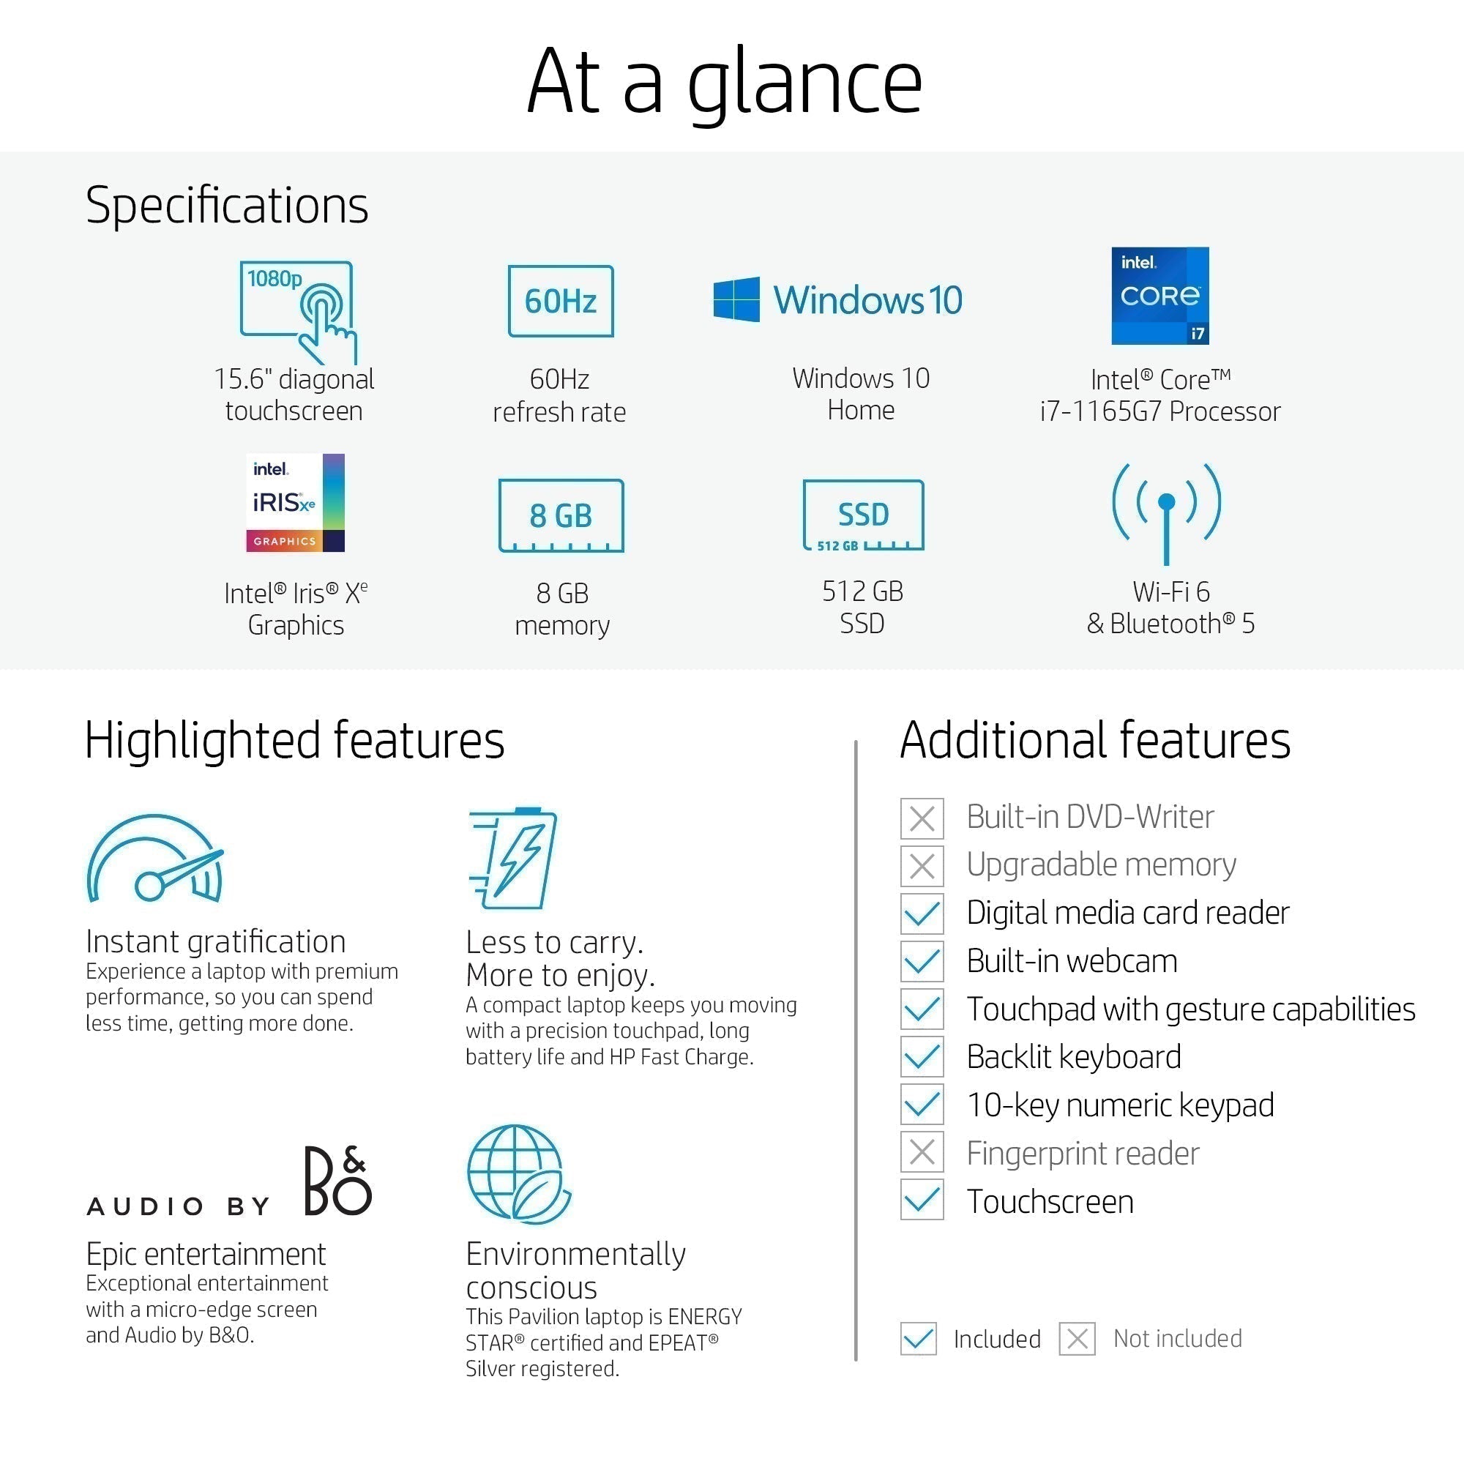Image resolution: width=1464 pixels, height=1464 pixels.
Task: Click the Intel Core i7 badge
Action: (x=1160, y=296)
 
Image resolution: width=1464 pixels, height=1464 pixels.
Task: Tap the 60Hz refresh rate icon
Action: (x=561, y=301)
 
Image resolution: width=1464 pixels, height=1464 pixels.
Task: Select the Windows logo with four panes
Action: (x=736, y=299)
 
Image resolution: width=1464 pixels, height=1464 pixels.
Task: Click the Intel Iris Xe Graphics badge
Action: (x=296, y=502)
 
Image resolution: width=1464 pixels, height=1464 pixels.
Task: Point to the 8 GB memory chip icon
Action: (x=561, y=515)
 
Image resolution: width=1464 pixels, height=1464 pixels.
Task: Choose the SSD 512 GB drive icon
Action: (x=863, y=515)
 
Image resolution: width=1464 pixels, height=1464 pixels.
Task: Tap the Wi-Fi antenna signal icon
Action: (x=1167, y=513)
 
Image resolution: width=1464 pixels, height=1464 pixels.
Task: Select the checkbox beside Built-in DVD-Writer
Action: (x=922, y=818)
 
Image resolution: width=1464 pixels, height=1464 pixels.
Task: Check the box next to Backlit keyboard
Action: (x=922, y=1056)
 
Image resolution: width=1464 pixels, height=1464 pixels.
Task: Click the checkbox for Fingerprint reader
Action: (x=922, y=1153)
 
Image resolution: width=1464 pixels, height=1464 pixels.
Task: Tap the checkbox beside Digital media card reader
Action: (x=922, y=914)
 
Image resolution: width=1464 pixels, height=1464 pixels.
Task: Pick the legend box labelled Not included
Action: (x=1078, y=1339)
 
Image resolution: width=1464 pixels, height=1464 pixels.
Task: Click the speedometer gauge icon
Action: (x=155, y=859)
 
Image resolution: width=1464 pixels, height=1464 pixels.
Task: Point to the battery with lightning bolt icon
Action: (x=513, y=858)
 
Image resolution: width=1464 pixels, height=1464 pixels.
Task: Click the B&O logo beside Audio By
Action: (x=338, y=1181)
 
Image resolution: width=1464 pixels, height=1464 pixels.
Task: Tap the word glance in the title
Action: (x=804, y=83)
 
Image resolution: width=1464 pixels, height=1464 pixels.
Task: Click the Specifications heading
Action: (x=228, y=206)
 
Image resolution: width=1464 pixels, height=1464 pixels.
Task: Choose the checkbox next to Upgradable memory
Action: (x=922, y=866)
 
